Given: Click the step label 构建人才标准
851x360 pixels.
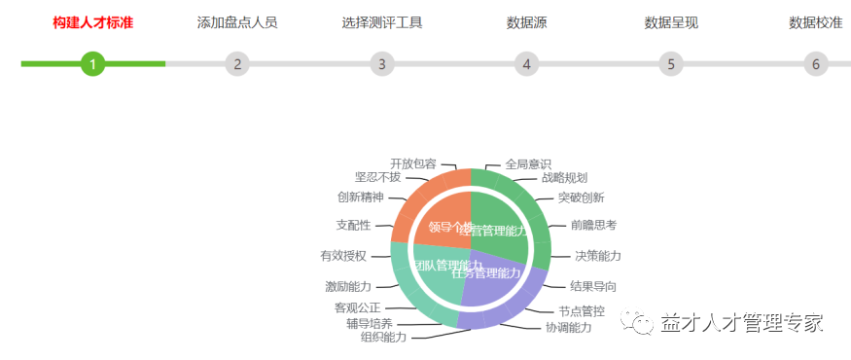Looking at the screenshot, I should coord(92,22).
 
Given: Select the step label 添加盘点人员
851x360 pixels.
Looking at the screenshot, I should coord(237,22).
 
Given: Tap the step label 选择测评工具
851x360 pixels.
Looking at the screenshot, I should coord(382,22).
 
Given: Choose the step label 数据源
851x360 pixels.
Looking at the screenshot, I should coord(526,22).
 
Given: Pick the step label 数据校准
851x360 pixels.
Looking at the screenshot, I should coord(816,22).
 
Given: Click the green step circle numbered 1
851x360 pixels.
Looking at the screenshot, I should coord(92,64).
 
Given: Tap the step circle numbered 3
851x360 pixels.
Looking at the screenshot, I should coord(382,64).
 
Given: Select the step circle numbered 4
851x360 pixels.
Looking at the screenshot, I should coord(526,64).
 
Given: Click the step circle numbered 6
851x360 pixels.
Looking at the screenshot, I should coord(816,64).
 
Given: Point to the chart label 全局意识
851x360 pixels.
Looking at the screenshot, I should coord(528,163).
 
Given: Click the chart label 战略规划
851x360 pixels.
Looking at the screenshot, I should coord(564,178).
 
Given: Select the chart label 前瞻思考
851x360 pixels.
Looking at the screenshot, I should coord(593,225).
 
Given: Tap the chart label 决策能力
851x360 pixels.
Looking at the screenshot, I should coord(597,256).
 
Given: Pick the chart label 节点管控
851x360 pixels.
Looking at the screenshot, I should coord(582,311).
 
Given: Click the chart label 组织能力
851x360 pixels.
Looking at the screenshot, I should coord(383,337).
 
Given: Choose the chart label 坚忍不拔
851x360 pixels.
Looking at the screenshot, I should coord(377,177).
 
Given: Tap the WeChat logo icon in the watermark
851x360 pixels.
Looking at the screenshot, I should coord(643,322).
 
